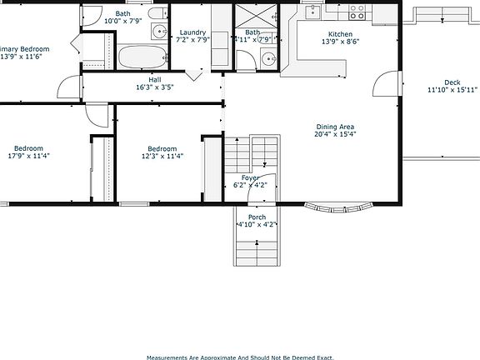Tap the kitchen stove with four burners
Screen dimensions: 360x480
(357, 12)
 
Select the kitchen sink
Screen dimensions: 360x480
(312, 12)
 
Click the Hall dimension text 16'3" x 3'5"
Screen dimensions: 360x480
(154, 87)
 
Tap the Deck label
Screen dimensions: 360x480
(452, 82)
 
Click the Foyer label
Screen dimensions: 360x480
(250, 177)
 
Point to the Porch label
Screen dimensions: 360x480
(257, 217)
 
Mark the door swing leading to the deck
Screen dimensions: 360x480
(385, 83)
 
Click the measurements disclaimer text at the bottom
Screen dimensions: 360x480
(239, 357)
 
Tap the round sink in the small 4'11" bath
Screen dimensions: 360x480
(267, 58)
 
